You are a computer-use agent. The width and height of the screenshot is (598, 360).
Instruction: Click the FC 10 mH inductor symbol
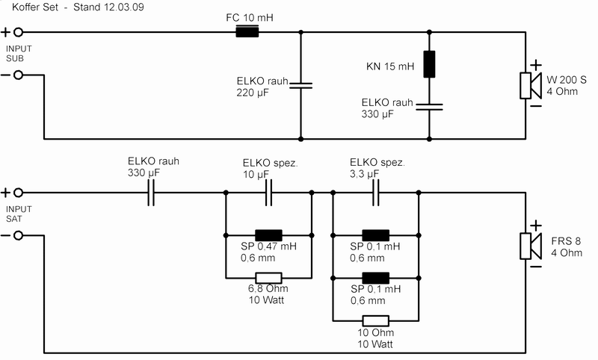pos(247,31)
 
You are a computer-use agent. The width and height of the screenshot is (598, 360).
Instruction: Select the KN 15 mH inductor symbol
pos(429,64)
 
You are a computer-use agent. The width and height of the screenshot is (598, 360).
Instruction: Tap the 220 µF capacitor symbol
pos(300,85)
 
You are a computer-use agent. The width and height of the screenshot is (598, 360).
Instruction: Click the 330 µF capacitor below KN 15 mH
pos(429,107)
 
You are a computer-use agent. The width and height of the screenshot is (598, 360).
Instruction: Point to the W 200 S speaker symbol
pos(530,86)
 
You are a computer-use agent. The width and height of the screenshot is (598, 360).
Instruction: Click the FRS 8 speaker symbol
pos(530,246)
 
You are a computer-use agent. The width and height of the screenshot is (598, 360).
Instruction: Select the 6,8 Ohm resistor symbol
pos(268,278)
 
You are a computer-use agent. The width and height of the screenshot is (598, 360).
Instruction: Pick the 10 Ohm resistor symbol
pos(376,320)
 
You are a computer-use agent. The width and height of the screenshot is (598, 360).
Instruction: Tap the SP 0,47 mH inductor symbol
pos(268,235)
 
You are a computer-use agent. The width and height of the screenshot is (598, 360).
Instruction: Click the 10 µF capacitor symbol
pos(268,193)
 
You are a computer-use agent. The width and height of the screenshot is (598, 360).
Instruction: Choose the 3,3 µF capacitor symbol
pos(376,193)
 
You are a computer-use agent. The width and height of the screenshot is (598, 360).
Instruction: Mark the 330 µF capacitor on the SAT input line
pos(151,193)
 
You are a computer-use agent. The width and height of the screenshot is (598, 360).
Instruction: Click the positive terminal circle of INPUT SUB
pos(18,32)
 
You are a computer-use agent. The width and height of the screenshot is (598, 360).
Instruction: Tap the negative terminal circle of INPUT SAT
pos(18,236)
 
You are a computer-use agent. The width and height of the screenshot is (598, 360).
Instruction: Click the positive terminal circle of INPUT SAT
pos(18,193)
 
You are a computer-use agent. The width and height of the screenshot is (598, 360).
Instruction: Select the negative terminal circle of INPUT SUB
pos(18,75)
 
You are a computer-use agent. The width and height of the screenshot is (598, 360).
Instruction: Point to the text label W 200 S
pos(566,80)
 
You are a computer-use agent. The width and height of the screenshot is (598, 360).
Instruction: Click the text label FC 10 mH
pos(250,17)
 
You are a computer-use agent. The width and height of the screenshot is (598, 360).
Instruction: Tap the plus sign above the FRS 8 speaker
pos(536,226)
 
